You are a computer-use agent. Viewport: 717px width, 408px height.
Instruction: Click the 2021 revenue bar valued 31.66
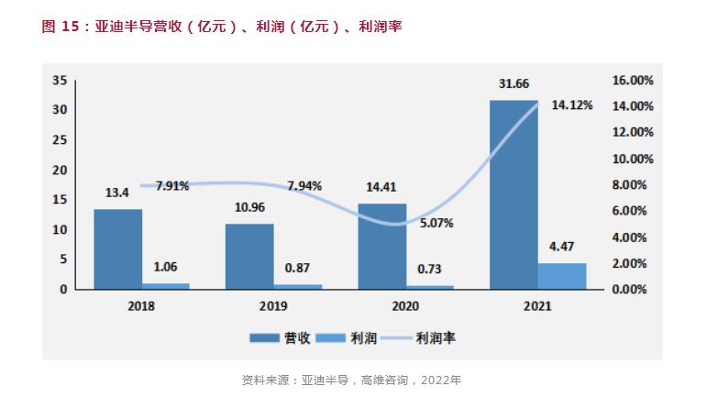tap(513, 194)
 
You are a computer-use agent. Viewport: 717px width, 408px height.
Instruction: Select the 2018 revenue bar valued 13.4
tap(118, 248)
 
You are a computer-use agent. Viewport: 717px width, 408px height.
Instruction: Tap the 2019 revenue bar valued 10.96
tap(249, 256)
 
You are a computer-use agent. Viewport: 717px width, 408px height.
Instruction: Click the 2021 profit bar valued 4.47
tap(562, 276)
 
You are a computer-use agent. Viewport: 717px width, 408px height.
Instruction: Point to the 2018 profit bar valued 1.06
tap(166, 286)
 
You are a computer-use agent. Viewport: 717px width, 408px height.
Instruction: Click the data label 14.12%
tap(572, 105)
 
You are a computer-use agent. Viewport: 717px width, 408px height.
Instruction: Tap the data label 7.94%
tap(304, 186)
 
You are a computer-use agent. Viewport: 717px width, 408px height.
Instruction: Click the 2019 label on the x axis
tap(273, 306)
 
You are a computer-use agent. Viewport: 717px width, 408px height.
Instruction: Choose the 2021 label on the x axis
tap(537, 306)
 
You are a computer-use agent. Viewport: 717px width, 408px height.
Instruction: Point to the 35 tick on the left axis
tap(61, 81)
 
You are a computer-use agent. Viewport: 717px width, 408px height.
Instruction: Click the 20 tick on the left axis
tap(61, 170)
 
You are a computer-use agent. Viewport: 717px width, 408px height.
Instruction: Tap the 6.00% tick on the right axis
tap(634, 211)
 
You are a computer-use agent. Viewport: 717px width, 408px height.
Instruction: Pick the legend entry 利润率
tap(436, 338)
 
